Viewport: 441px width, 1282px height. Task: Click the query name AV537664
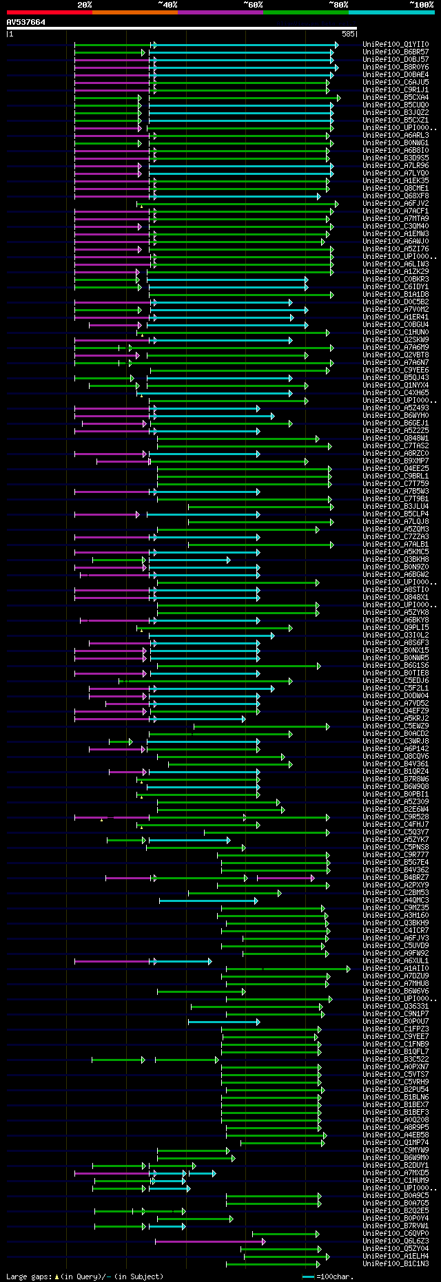point(26,22)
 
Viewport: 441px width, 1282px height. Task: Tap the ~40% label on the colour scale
point(167,5)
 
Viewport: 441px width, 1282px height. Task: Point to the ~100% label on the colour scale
point(421,5)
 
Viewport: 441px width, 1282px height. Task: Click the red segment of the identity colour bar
point(49,12)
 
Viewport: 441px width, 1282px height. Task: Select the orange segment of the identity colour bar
point(134,12)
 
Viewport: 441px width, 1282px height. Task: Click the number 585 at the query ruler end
point(348,33)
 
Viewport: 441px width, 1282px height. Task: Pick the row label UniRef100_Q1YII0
point(396,45)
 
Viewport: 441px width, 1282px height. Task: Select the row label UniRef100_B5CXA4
point(396,98)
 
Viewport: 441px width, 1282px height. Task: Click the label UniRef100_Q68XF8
point(396,196)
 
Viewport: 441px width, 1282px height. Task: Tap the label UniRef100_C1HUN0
point(396,333)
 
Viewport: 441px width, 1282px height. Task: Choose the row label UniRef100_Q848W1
point(396,439)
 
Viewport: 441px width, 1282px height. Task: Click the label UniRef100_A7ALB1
point(396,545)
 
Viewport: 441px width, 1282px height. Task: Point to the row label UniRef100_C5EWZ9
point(396,726)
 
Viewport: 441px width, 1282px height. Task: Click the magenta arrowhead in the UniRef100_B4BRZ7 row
point(313,878)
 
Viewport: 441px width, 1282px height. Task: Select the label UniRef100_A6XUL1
point(396,961)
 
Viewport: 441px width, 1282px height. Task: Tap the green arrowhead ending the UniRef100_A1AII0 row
point(349,969)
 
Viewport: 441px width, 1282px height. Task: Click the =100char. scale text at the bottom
point(334,1276)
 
